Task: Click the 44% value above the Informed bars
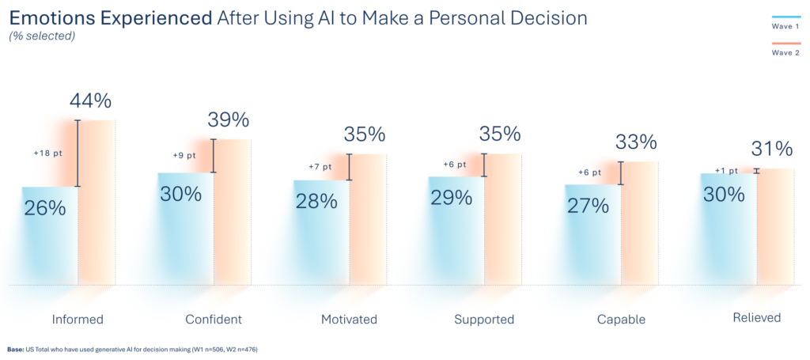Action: click(x=89, y=101)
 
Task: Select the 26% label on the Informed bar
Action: click(x=44, y=209)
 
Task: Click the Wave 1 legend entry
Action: click(x=785, y=26)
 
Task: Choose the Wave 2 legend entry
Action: click(x=785, y=52)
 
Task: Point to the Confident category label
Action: click(x=213, y=320)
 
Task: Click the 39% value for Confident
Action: click(x=228, y=120)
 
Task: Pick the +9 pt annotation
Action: click(x=185, y=156)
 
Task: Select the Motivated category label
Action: click(x=349, y=320)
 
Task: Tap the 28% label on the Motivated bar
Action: click(x=316, y=201)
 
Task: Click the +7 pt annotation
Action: click(x=321, y=166)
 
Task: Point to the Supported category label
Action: click(x=484, y=320)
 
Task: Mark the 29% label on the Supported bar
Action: click(x=452, y=198)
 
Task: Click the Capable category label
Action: click(x=621, y=320)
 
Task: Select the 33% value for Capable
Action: click(x=636, y=142)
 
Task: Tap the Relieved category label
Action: click(x=756, y=318)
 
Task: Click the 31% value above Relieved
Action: click(x=771, y=149)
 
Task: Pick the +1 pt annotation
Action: click(x=725, y=170)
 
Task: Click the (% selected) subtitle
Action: click(x=42, y=36)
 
